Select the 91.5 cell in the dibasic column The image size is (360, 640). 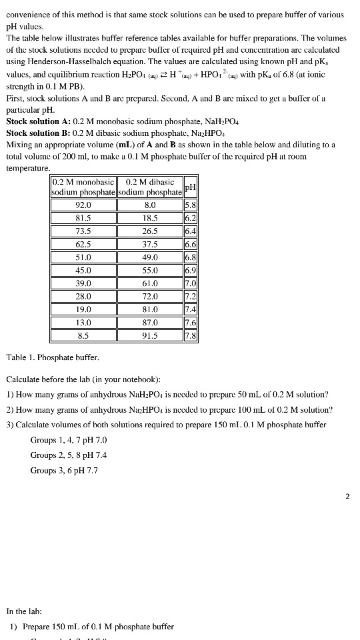tap(150, 335)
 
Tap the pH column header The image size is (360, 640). tap(191, 187)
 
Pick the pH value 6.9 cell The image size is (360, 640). tap(191, 271)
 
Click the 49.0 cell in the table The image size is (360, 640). tap(150, 257)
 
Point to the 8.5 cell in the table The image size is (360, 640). tap(83, 335)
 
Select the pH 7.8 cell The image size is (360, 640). tap(191, 335)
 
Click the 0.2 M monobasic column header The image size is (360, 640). tap(83, 187)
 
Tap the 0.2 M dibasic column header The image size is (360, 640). tap(150, 187)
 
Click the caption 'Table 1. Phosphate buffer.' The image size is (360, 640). tap(52, 358)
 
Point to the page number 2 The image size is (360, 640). tap(347, 496)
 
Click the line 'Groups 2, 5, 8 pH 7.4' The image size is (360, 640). tap(69, 455)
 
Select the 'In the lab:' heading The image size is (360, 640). tap(24, 611)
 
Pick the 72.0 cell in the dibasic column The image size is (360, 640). tap(150, 296)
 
